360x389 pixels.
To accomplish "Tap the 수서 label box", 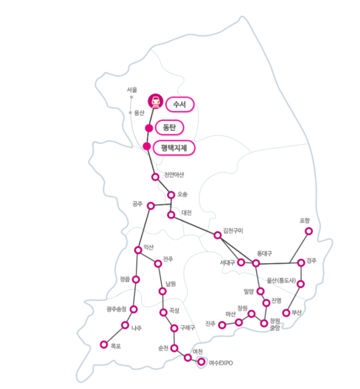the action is pos(180,104).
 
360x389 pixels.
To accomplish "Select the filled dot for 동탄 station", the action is pos(149,128).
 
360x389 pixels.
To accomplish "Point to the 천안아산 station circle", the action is pos(155,177).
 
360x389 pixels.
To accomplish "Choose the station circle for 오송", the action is pos(171,195).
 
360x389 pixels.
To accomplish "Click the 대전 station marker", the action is pos(171,215).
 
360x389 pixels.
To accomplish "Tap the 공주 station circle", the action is pos(151,206).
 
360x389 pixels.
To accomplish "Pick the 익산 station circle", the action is pos(138,250).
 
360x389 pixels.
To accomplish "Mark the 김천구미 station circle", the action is pos(217,235).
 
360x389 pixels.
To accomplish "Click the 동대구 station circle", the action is pos(256,263).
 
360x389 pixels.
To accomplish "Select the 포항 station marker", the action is pos(309,231).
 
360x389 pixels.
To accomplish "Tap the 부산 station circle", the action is pos(286,313).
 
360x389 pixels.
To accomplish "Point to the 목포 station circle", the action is pos(103,345).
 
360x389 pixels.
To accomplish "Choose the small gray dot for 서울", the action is pos(132,97).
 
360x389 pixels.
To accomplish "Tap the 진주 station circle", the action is pos(222,325).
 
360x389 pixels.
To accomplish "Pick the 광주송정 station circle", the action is pos(134,309).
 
